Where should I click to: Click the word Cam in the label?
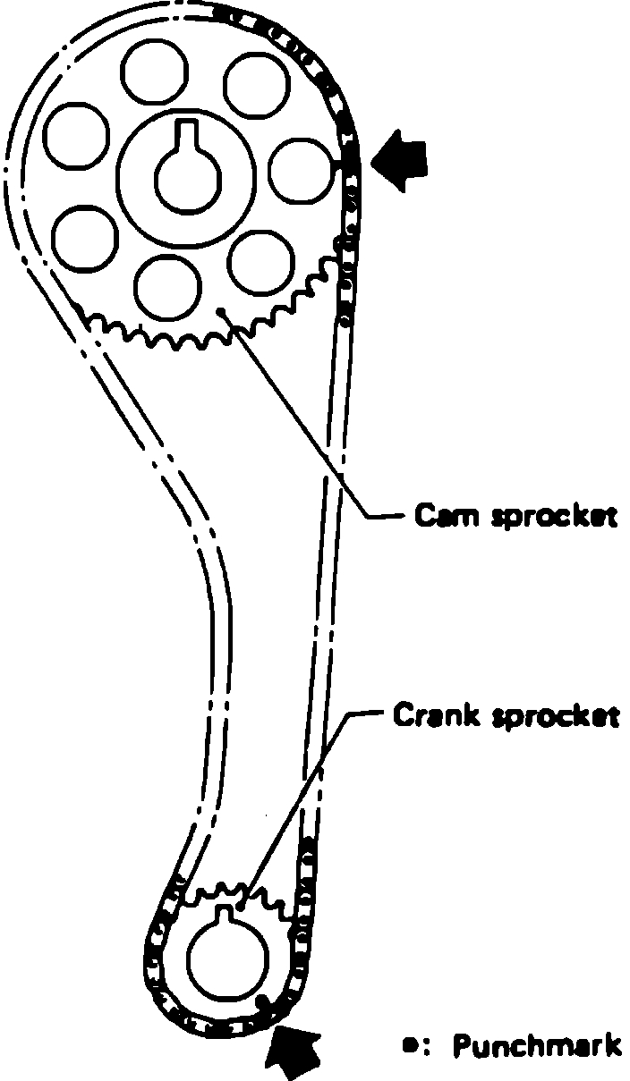[439, 517]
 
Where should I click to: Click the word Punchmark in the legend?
[537, 1045]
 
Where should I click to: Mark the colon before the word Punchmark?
[429, 1045]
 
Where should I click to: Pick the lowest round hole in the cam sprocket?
[167, 284]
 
